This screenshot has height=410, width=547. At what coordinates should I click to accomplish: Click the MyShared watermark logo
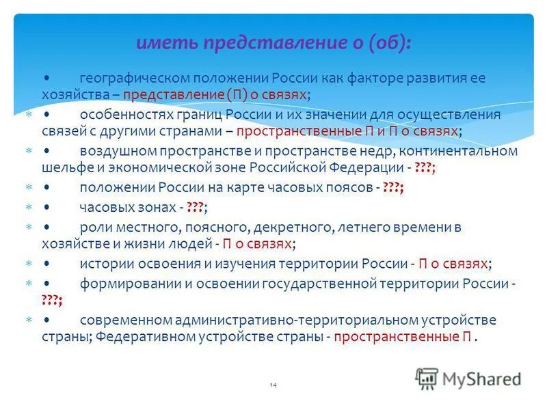tap(468, 379)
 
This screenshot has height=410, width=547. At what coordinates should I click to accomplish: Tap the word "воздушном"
tap(114, 151)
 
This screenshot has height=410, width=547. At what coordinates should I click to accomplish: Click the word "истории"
tap(102, 263)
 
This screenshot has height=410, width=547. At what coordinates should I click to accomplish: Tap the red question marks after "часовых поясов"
tap(393, 188)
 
